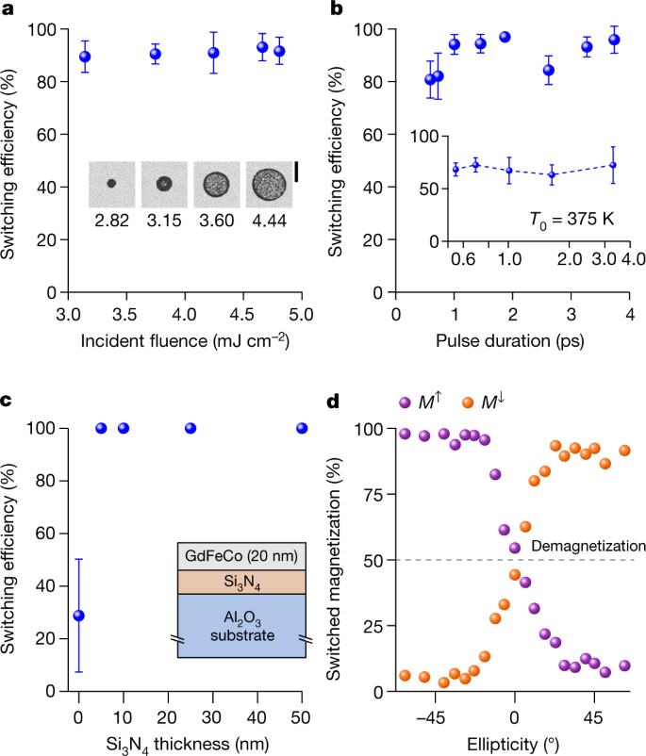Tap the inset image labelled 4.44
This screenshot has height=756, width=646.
[x=268, y=184]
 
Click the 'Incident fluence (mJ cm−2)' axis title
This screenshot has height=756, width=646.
[x=184, y=337]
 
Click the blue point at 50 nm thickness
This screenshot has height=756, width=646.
[x=302, y=428]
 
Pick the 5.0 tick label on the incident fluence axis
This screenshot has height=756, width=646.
[x=301, y=310]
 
